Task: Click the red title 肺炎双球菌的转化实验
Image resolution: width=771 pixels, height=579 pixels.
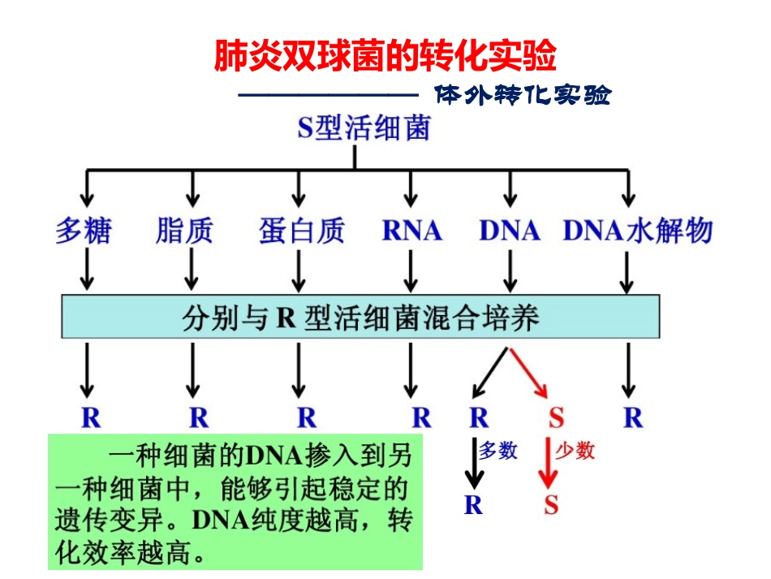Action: click(x=385, y=56)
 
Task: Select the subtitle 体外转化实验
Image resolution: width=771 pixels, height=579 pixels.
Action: click(x=522, y=96)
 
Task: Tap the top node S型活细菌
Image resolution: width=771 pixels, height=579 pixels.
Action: click(x=363, y=127)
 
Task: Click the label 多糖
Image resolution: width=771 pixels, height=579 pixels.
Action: click(x=83, y=231)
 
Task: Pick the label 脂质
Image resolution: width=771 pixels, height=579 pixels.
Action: click(x=184, y=231)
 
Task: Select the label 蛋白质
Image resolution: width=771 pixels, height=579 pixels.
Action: click(x=302, y=231)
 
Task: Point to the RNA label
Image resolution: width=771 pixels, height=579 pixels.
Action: click(x=411, y=231)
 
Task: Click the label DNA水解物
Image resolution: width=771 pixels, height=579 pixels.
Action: click(x=637, y=231)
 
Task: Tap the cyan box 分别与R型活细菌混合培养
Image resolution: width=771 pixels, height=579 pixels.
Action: click(x=360, y=316)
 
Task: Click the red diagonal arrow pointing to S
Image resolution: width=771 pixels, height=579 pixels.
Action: click(x=530, y=373)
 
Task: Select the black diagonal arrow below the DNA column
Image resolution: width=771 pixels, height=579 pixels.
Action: click(x=492, y=373)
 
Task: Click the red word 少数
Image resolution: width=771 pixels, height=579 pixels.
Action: click(x=575, y=451)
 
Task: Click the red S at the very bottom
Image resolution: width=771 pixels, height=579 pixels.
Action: click(x=552, y=505)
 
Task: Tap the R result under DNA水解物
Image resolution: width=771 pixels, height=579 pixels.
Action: click(x=633, y=418)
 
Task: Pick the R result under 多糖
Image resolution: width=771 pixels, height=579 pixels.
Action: click(x=90, y=418)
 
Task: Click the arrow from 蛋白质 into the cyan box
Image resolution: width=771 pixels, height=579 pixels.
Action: click(x=299, y=270)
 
